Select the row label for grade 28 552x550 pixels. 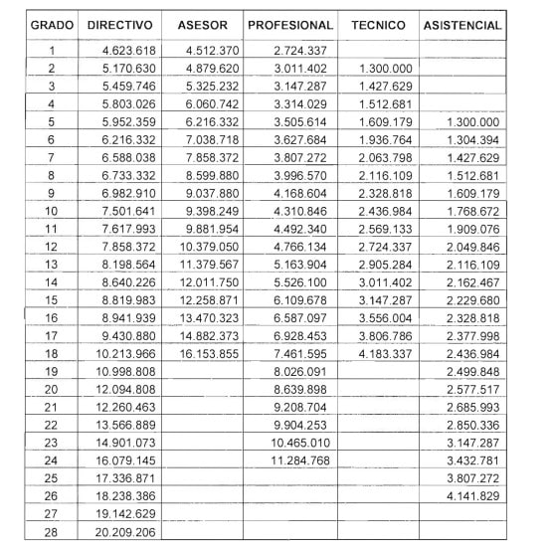[x=51, y=532]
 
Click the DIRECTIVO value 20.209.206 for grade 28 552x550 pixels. [x=128, y=532]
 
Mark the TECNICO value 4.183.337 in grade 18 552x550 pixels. [x=383, y=353]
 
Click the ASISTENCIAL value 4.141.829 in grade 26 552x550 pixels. [x=472, y=496]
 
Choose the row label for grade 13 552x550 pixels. [x=51, y=264]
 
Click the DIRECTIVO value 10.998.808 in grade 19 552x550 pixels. [x=128, y=371]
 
